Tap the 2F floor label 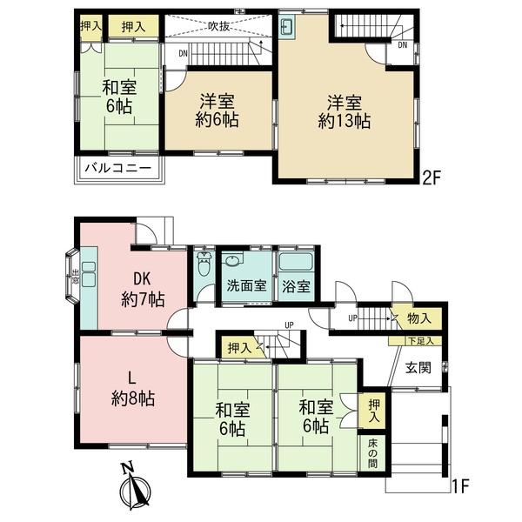click(431, 177)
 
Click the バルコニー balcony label click(117, 167)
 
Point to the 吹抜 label click(219, 27)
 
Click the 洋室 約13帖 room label click(345, 112)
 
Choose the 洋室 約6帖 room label click(217, 110)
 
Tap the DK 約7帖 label click(143, 289)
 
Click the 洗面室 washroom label click(246, 285)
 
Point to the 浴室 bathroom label click(296, 286)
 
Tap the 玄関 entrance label click(418, 368)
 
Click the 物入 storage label click(419, 318)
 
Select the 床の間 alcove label click(372, 453)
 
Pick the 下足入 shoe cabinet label click(421, 341)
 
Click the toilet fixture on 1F click(203, 264)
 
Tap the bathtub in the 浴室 click(296, 262)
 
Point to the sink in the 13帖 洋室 click(286, 26)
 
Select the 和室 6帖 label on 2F click(119, 97)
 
